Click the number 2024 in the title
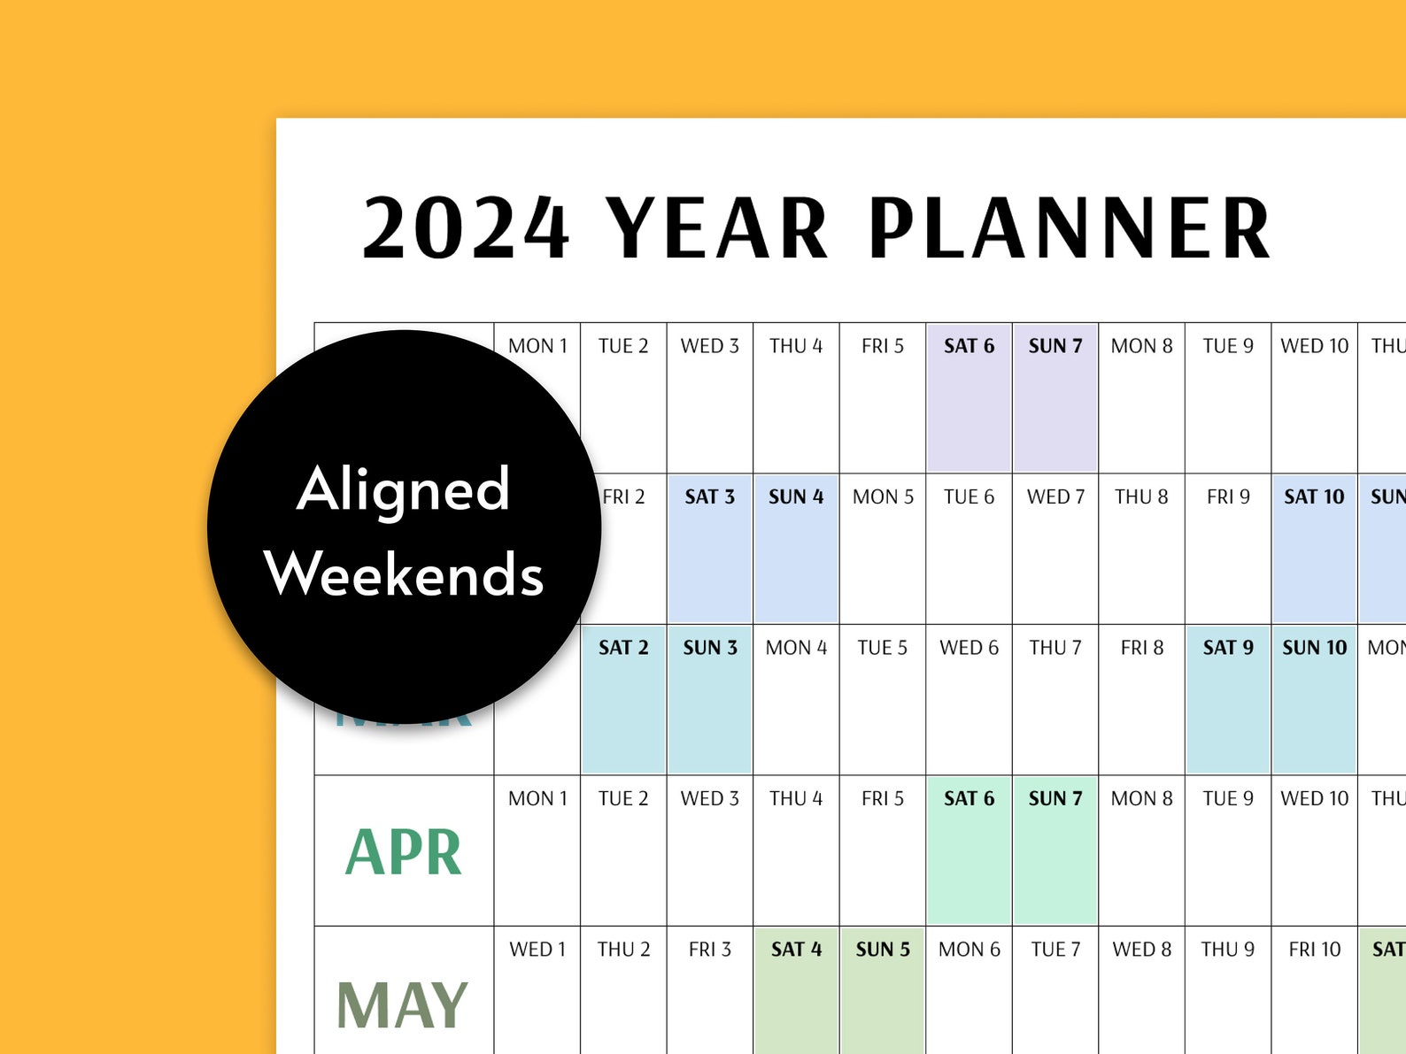466,228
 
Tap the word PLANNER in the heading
1070,228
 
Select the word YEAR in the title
717,228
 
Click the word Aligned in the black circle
404,489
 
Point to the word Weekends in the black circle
404,574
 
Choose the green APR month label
404,852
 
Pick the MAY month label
402,1005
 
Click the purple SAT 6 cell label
969,346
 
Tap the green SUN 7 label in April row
1054,798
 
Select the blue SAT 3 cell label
709,496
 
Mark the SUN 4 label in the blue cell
795,496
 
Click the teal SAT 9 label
1227,648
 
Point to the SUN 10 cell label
1314,648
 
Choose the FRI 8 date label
1141,648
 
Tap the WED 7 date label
1055,496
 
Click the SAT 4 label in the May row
796,950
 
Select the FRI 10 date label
1314,950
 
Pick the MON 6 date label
969,950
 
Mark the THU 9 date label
1227,950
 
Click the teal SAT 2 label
623,648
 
